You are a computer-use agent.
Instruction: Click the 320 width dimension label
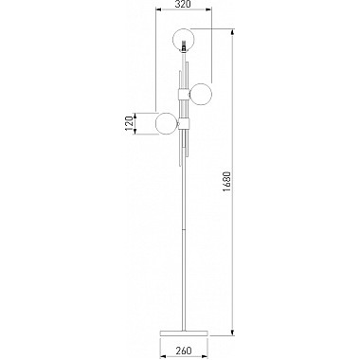pos(183,4)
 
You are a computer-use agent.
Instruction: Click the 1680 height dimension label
pos(226,182)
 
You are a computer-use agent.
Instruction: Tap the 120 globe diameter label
pos(129,123)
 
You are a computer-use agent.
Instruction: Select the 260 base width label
pos(184,351)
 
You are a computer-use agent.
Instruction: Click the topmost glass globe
pos(184,40)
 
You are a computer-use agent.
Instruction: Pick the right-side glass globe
pos(201,94)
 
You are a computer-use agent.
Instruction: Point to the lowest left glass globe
pos(167,123)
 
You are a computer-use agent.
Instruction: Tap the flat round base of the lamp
pos(184,333)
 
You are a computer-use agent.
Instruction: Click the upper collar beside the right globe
pos(184,94)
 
